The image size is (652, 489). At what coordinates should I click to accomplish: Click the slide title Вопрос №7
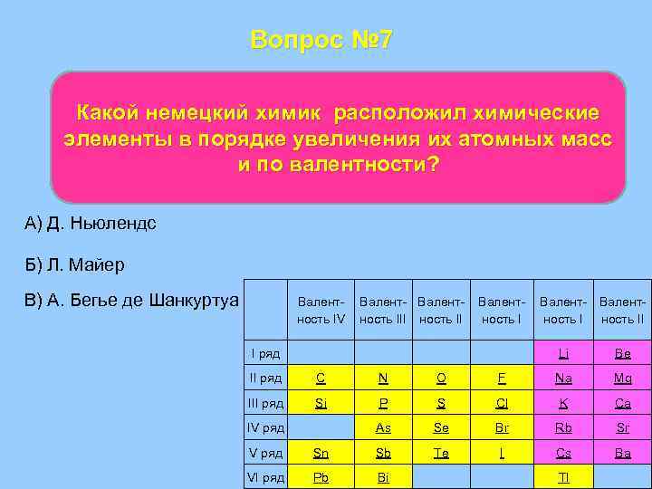tap(321, 41)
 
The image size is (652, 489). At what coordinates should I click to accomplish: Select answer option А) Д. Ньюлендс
tap(91, 223)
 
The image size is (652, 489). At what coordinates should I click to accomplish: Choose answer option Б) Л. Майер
tap(76, 264)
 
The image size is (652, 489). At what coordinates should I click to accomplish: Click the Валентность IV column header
tap(321, 310)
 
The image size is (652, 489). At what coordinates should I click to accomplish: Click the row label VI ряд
tap(264, 477)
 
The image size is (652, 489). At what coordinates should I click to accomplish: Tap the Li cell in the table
tap(563, 353)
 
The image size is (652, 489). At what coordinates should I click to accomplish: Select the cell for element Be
tap(622, 353)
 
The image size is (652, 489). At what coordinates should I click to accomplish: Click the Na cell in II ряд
tap(563, 378)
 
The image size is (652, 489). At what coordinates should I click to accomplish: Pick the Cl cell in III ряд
tap(503, 403)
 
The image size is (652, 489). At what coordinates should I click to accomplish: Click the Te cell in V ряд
tap(441, 453)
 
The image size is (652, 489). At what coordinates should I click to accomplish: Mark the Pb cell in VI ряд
tap(321, 477)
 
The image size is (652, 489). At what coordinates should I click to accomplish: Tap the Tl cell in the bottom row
tap(563, 477)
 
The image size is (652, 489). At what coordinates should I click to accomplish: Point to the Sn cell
tap(321, 453)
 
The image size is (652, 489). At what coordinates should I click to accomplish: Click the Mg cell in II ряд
tap(622, 378)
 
